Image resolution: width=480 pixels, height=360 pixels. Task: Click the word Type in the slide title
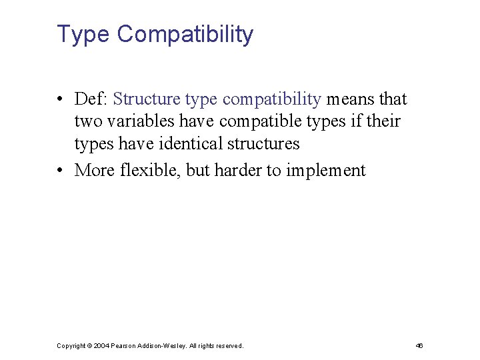coord(83,34)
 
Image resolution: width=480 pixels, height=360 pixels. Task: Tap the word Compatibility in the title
coord(185,34)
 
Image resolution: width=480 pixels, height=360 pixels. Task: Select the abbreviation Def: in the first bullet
coord(92,99)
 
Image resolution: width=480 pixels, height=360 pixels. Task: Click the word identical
coord(192,143)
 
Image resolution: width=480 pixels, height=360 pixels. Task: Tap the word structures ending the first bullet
coord(264,143)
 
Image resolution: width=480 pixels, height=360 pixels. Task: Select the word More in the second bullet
coord(95,171)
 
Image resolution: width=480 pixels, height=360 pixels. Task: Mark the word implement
coord(326,171)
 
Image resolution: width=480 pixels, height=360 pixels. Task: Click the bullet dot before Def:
coord(60,100)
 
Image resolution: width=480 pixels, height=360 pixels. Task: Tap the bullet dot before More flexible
coord(60,171)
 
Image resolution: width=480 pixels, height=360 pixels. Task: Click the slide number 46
coord(419,346)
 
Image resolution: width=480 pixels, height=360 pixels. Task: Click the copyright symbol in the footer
coord(89,346)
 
